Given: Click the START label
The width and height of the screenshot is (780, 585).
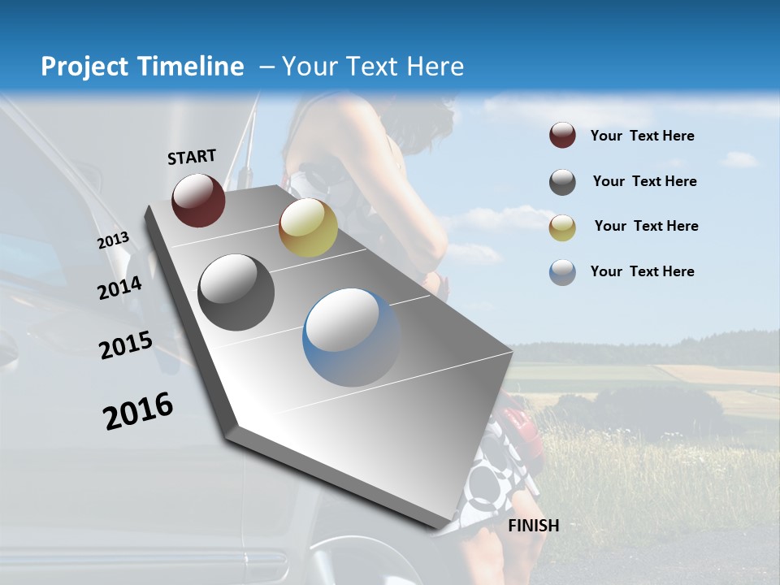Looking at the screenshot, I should (192, 157).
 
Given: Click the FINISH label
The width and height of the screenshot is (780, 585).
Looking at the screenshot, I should (534, 526).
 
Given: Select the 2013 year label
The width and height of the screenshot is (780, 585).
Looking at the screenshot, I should (114, 240).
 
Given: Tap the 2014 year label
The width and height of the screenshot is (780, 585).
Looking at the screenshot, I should (120, 288).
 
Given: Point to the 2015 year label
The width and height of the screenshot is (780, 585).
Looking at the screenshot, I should (126, 345).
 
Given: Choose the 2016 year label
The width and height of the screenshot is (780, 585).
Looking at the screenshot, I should (138, 411).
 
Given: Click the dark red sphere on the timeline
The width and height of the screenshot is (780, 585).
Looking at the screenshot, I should (198, 200).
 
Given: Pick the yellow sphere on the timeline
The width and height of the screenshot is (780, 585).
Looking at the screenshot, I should (308, 227).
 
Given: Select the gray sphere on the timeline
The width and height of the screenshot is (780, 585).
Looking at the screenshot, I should (236, 292).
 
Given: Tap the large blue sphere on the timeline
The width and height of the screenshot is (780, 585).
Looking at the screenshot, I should (351, 337).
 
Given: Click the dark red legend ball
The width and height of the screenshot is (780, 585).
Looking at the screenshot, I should (562, 135).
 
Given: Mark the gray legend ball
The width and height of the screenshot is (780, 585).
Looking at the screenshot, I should (562, 182).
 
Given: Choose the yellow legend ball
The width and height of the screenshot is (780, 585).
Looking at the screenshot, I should (562, 227).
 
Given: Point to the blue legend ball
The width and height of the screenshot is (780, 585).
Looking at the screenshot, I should (562, 272).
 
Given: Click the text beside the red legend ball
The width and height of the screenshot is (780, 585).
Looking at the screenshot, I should (642, 136).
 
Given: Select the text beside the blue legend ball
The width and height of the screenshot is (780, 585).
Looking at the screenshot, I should (642, 271).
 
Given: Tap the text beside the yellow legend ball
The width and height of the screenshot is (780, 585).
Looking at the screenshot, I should (646, 226).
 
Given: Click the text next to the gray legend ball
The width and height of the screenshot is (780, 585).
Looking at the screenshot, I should (644, 181).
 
